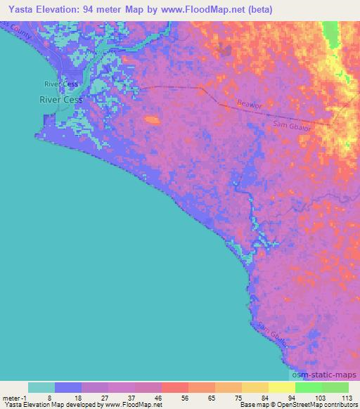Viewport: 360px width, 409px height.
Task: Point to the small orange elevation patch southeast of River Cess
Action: [150, 120]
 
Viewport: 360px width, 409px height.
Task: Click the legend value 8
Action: [41, 397]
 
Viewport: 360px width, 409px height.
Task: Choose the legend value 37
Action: [120, 397]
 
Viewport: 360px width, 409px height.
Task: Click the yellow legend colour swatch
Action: [281, 387]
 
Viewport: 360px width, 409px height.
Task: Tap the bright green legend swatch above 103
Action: [308, 387]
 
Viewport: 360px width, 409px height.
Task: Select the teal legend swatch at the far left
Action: [41, 387]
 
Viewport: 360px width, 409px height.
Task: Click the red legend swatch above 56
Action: [174, 387]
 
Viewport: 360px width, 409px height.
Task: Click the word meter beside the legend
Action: [12, 397]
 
